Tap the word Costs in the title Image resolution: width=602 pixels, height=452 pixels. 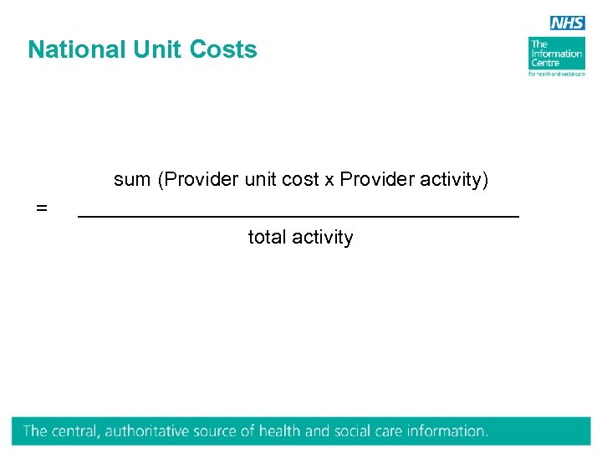coord(223,49)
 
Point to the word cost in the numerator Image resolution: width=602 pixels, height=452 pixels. coord(301,180)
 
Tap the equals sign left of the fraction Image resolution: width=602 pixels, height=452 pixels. coord(42,207)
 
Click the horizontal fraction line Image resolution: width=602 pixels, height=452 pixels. coord(298,217)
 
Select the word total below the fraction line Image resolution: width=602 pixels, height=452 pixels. coord(267,238)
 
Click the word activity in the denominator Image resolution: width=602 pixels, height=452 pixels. coord(322,238)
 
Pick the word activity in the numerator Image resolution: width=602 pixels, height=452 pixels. coord(456,180)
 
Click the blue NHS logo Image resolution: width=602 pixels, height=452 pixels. coord(567,23)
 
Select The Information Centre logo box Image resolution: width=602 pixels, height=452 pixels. coord(555,53)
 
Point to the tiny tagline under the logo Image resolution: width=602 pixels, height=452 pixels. coord(556,74)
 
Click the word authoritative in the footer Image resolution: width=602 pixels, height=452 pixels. coord(147,432)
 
